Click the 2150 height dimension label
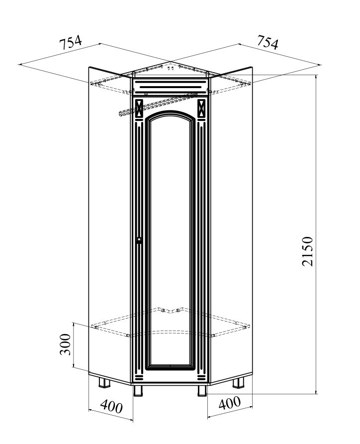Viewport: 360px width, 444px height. (x=307, y=251)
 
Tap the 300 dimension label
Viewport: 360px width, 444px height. (x=65, y=344)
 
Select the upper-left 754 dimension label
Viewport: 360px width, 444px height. (x=71, y=42)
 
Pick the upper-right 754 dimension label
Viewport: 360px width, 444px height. (x=268, y=42)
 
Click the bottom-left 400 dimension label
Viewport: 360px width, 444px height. (x=111, y=406)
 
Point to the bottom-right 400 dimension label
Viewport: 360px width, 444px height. (x=230, y=402)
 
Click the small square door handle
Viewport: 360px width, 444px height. (x=139, y=240)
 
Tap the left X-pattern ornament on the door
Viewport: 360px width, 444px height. (x=139, y=108)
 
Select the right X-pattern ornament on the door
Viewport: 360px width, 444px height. (x=201, y=108)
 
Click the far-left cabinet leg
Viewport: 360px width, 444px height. (x=104, y=382)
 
